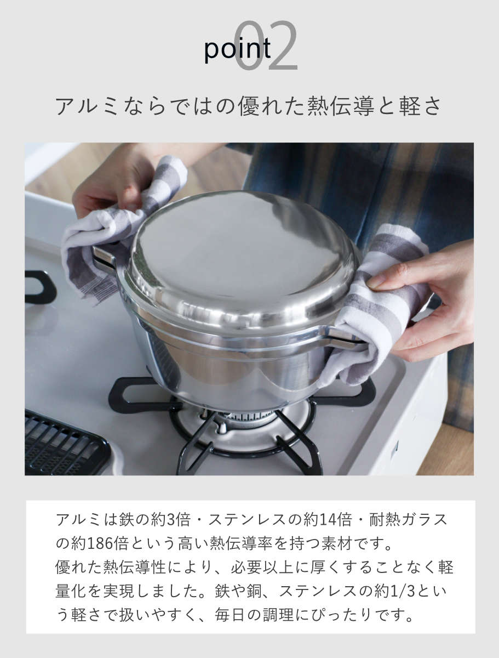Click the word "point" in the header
pyautogui.click(x=237, y=50)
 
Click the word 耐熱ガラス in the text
pyautogui.click(x=408, y=519)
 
